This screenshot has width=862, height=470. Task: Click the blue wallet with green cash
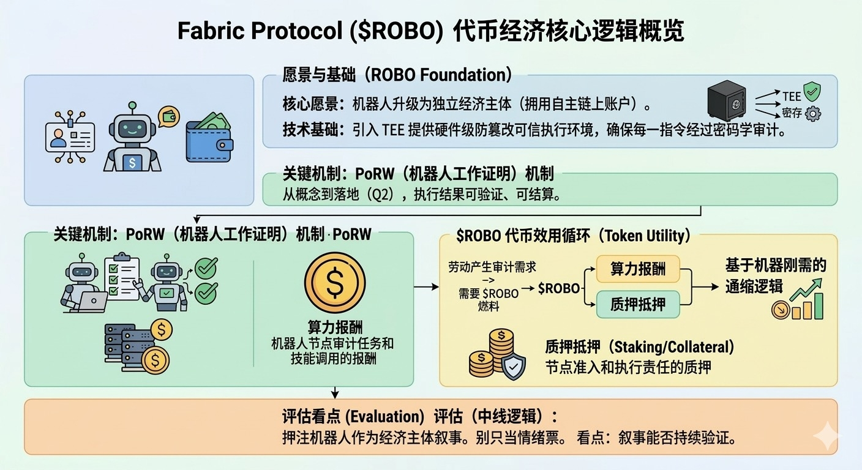[x=209, y=141]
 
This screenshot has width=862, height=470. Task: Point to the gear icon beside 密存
[x=813, y=114]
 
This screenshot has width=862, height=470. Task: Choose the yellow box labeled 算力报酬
[x=637, y=269]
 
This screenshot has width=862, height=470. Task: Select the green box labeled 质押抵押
[x=637, y=304]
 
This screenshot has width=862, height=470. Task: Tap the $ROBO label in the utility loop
[x=558, y=288]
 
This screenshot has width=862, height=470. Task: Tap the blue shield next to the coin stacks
[x=512, y=365]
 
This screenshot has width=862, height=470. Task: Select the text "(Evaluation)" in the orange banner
[x=384, y=417]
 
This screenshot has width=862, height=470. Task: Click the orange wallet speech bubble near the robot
[x=168, y=116]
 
